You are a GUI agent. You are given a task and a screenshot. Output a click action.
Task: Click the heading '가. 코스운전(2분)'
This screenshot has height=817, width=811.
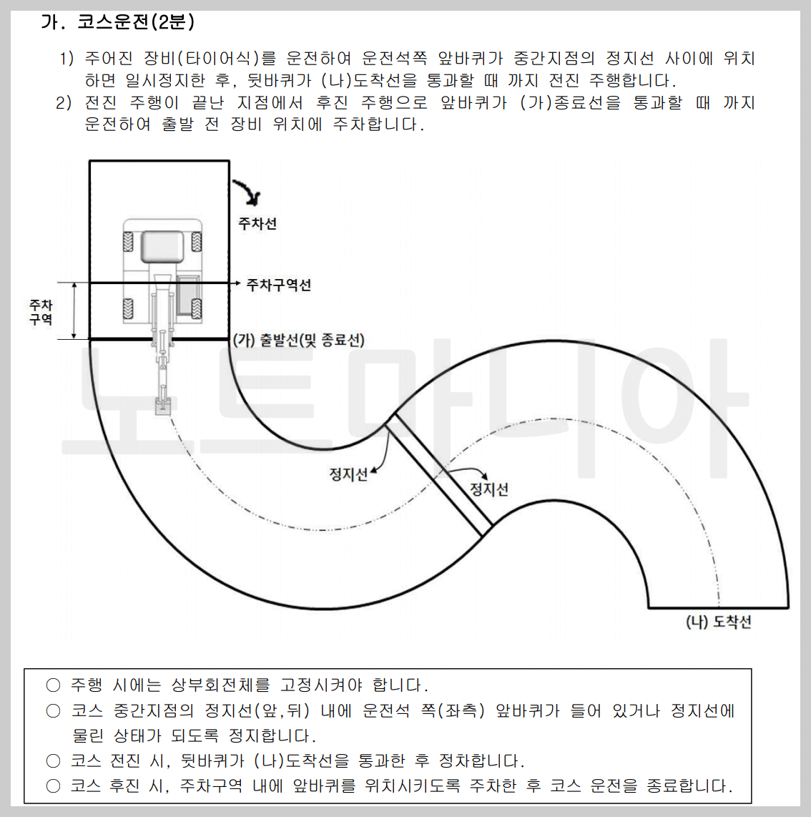click(x=117, y=22)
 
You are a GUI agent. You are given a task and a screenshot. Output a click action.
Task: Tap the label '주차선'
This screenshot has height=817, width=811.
click(x=257, y=224)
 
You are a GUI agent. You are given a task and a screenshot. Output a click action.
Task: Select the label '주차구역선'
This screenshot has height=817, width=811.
click(x=278, y=285)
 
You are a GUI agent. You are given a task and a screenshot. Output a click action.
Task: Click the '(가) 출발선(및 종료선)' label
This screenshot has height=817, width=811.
click(x=299, y=340)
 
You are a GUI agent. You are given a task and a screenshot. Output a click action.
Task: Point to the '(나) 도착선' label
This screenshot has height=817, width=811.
click(x=718, y=622)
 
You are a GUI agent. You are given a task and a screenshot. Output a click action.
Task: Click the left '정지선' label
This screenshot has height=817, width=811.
click(x=348, y=474)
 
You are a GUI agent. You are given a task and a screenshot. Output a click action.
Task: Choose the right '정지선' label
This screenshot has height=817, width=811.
click(x=489, y=489)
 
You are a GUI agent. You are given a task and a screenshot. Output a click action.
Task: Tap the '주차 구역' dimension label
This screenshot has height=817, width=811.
click(x=41, y=312)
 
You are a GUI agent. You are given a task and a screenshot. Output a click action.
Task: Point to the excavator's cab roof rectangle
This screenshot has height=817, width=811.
click(x=162, y=247)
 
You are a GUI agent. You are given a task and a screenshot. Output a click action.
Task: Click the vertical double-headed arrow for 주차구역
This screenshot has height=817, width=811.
click(x=74, y=310)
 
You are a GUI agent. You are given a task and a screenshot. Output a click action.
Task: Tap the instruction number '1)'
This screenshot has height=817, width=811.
click(x=66, y=59)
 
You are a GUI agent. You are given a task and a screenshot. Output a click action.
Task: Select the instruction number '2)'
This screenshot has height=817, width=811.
click(x=64, y=103)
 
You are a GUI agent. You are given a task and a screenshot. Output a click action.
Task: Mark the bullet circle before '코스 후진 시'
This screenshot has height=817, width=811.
click(x=53, y=786)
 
